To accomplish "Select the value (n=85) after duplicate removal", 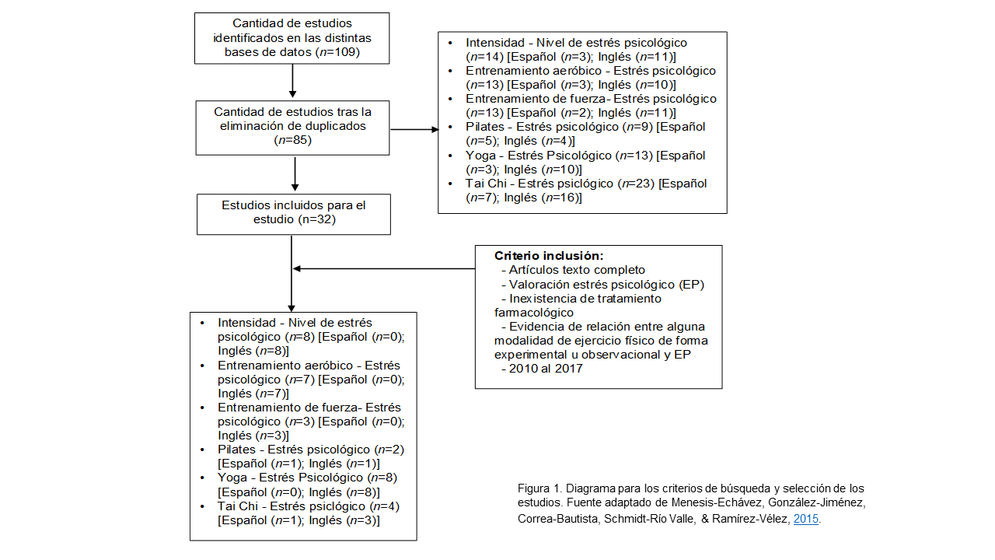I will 292,140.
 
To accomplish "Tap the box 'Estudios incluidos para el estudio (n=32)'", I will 293,213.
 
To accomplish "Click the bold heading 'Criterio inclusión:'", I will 549,255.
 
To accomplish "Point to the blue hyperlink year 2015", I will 806,519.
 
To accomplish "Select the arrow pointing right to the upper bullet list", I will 414,128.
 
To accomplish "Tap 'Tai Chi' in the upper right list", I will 486,184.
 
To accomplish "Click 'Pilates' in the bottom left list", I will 237,450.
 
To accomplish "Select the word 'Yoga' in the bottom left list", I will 233,478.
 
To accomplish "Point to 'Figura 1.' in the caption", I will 539,488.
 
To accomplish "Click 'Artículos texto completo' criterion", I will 578,270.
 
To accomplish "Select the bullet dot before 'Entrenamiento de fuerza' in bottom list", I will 202,408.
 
